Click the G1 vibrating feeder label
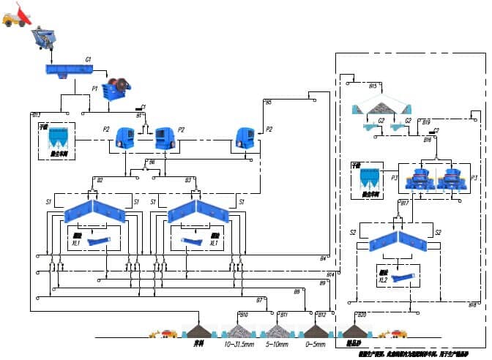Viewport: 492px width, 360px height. pyautogui.click(x=88, y=59)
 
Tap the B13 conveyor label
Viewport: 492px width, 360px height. pyautogui.click(x=37, y=115)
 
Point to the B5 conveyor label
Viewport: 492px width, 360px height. pyautogui.click(x=269, y=102)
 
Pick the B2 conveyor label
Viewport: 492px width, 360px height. pyautogui.click(x=100, y=179)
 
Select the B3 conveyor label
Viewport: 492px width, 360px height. pyautogui.click(x=188, y=179)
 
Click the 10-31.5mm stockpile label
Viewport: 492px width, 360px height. pyautogui.click(x=239, y=344)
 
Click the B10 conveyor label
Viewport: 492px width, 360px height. pyautogui.click(x=244, y=315)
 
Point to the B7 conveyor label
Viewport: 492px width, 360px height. pyautogui.click(x=259, y=300)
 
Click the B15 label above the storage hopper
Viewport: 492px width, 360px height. pyautogui.click(x=373, y=86)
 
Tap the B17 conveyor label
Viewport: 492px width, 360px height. pyautogui.click(x=404, y=203)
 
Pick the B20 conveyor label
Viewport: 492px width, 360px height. pyautogui.click(x=361, y=315)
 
